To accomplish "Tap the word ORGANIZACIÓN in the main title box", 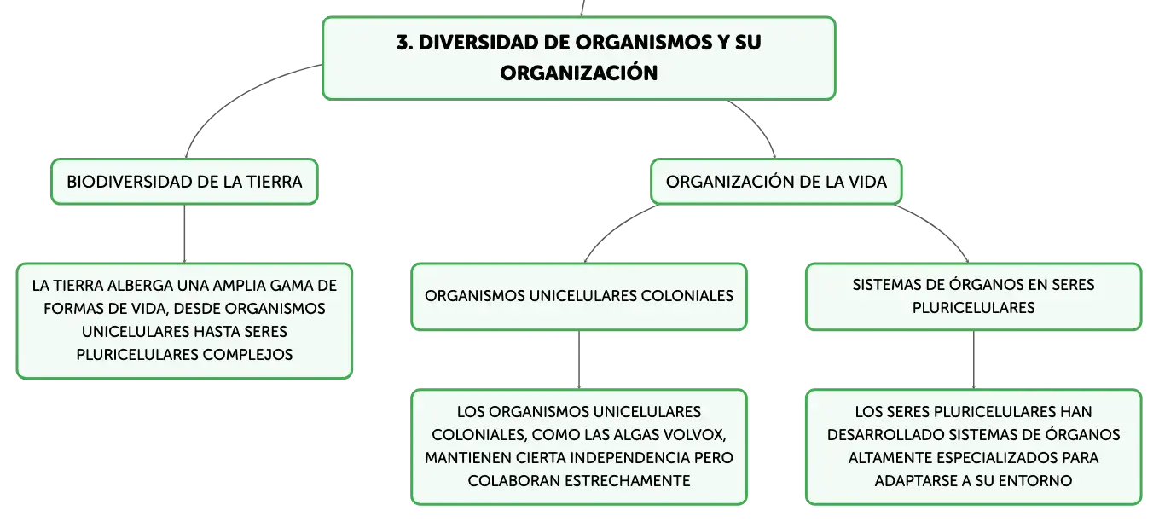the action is pyautogui.click(x=578, y=72).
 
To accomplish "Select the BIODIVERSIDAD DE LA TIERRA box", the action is pyautogui.click(x=184, y=182).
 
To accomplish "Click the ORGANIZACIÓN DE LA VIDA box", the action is pyautogui.click(x=776, y=182).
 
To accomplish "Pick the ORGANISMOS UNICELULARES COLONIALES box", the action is pyautogui.click(x=579, y=297).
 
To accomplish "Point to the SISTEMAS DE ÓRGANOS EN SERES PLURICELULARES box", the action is pyautogui.click(x=973, y=297).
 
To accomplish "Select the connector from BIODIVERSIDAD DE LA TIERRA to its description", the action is pyautogui.click(x=184, y=234).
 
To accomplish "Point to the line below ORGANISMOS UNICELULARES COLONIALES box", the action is pyautogui.click(x=579, y=360).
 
